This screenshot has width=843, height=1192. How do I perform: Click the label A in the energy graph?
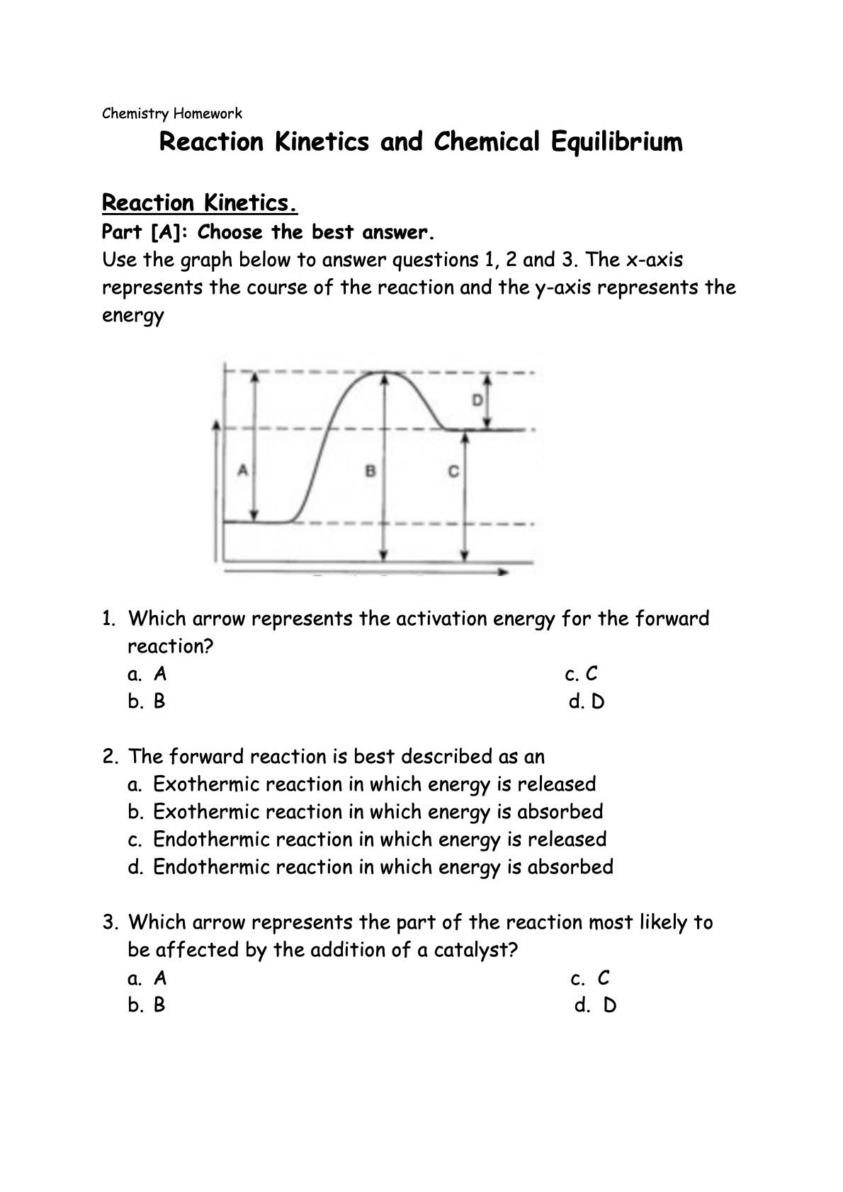point(242,469)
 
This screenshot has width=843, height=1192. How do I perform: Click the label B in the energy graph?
point(370,470)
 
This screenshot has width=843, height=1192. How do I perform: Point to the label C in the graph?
point(453,471)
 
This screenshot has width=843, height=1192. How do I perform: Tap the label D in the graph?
point(477,401)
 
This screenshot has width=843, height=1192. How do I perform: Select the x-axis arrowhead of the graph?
point(504,571)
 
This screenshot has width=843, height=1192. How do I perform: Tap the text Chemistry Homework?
point(172,113)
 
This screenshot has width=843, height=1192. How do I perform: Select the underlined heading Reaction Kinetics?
point(200,203)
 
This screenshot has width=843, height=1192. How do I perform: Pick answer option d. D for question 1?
point(587,701)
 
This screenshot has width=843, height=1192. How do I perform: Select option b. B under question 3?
point(147,1005)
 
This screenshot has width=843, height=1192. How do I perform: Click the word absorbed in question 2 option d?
point(570,866)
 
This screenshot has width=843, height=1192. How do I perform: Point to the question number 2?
point(109,756)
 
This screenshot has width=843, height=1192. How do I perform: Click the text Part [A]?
point(147,232)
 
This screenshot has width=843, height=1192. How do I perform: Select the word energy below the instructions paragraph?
point(132,315)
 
